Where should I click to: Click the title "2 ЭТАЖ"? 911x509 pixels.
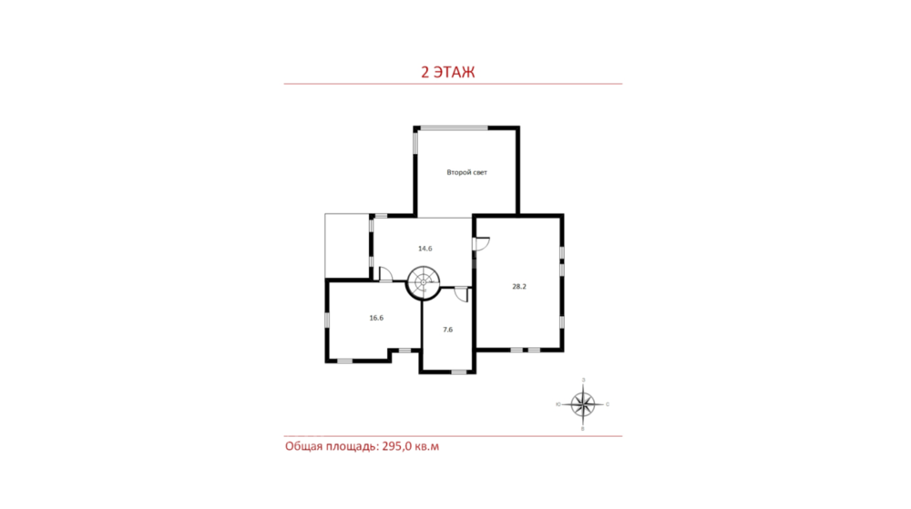[x=447, y=72]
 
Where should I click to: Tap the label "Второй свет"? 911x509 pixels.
[x=466, y=172]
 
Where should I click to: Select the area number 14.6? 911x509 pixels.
[x=425, y=249]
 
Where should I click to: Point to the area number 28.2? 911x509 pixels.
[x=519, y=286]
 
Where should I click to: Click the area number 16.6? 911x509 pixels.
[x=376, y=318]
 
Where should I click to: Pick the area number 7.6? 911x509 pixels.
[x=447, y=330]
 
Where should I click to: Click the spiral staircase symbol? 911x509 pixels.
[x=423, y=282]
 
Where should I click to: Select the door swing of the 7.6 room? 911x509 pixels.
[x=461, y=294]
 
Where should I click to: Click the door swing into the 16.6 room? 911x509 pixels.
[x=385, y=274]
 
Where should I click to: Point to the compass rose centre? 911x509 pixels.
[x=583, y=404]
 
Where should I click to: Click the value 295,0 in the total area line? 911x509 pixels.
[x=396, y=446]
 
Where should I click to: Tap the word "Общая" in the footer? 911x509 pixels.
[x=302, y=446]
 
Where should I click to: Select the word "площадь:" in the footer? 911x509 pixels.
[x=351, y=447]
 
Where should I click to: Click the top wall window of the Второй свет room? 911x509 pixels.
[x=454, y=127]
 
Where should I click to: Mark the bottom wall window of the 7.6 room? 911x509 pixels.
[x=459, y=372]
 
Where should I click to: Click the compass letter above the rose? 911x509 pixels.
[x=583, y=380]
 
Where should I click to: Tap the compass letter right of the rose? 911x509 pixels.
[x=608, y=404]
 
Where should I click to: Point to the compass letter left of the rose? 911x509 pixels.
[x=558, y=404]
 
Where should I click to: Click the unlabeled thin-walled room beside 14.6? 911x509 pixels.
[x=347, y=246]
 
